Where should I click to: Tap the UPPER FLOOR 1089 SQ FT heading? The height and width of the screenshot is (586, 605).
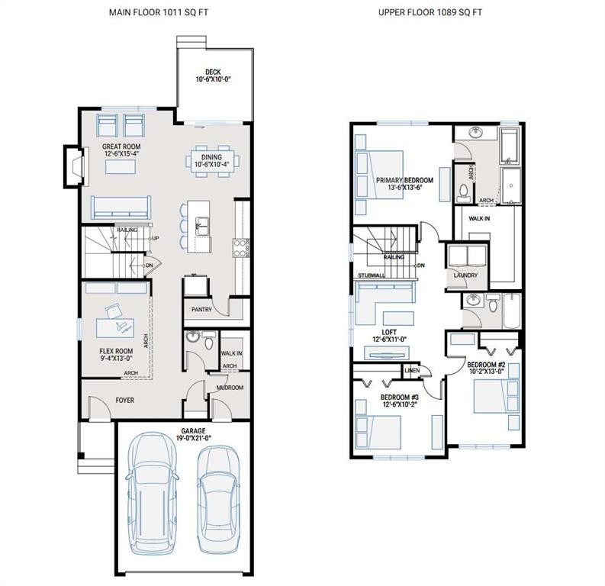pyautogui.click(x=430, y=12)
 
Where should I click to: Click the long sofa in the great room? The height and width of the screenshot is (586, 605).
pyautogui.click(x=120, y=208)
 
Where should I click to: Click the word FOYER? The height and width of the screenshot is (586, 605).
pyautogui.click(x=124, y=400)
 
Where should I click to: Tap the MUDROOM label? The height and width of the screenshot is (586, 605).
pyautogui.click(x=229, y=388)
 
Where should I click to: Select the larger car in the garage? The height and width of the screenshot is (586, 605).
pyautogui.click(x=153, y=494)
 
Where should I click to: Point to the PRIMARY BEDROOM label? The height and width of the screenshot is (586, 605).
pyautogui.click(x=404, y=181)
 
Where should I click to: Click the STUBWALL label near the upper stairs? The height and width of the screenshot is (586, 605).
pyautogui.click(x=370, y=275)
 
